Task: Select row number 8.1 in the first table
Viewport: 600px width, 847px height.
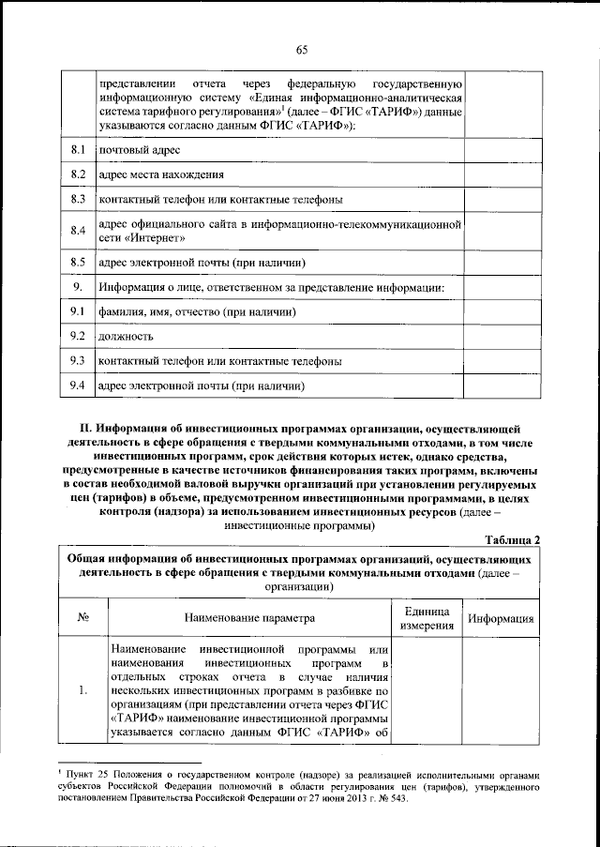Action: [78, 150]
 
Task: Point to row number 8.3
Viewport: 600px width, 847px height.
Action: [78, 200]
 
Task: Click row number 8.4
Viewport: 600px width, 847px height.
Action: [78, 231]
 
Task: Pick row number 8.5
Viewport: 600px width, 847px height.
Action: [78, 263]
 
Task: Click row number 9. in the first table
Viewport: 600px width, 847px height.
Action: [78, 286]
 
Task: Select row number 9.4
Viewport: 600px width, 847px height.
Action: [78, 385]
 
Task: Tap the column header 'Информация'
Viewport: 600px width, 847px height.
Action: [502, 619]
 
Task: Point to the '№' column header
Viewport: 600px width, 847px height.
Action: [82, 619]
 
